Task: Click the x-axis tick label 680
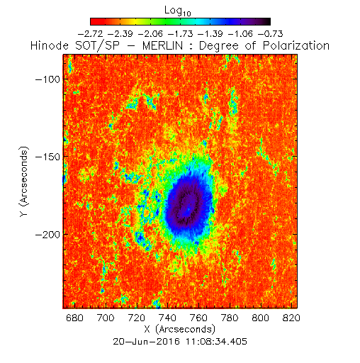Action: (74, 318)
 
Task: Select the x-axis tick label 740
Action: (167, 318)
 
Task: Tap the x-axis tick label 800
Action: (260, 318)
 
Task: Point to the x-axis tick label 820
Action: (291, 318)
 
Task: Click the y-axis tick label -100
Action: (47, 79)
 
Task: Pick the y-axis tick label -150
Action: (47, 157)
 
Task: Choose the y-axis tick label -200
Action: (47, 235)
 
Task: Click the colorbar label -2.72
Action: (91, 34)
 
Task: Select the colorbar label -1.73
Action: (181, 34)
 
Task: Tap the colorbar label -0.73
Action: (271, 34)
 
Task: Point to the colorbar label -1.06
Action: (240, 34)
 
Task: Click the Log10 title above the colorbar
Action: (178, 11)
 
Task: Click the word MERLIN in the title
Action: (163, 45)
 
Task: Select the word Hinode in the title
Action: (50, 45)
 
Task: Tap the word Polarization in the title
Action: (296, 45)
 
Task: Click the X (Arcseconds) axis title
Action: (180, 329)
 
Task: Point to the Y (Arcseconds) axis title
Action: (24, 181)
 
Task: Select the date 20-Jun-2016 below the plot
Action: (147, 342)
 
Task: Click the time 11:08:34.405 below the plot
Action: (216, 342)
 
